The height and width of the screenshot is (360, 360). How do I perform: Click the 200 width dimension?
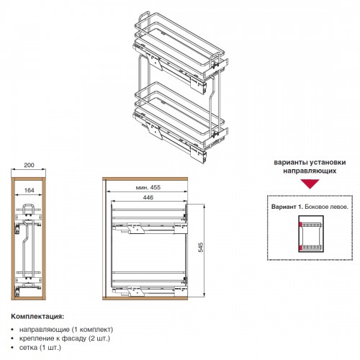click(29, 165)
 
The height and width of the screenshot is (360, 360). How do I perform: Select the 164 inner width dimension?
click(30, 190)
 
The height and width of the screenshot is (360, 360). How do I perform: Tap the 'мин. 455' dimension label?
click(148, 187)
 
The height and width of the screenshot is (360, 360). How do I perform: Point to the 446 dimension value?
click(148, 197)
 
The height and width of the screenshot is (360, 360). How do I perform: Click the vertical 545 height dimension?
click(201, 247)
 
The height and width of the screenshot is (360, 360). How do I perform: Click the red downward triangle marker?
click(310, 184)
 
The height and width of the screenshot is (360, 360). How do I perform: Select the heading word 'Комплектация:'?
click(37, 316)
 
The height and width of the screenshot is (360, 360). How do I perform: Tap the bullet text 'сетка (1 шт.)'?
click(40, 347)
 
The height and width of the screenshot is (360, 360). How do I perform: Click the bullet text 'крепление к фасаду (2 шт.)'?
click(65, 338)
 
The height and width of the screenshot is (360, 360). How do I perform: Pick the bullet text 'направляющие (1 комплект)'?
click(66, 329)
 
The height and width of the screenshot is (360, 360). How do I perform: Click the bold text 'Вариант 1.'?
click(287, 207)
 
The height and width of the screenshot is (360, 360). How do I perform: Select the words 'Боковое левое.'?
click(326, 207)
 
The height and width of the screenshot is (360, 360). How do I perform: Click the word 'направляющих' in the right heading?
click(310, 171)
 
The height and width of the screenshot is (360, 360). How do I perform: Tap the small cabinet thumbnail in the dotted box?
click(311, 234)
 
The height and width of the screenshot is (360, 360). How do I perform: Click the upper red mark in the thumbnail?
click(300, 225)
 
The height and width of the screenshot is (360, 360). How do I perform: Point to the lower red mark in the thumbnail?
click(300, 248)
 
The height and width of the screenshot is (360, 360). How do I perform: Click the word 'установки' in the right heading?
click(328, 162)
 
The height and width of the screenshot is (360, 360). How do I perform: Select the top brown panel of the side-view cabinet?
click(145, 179)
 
